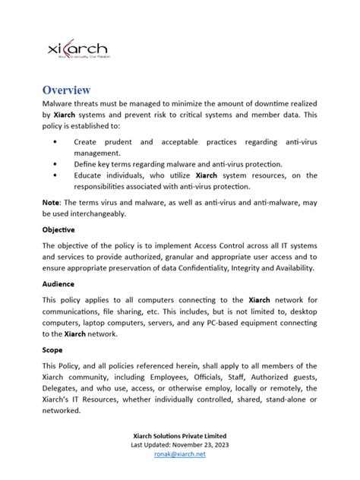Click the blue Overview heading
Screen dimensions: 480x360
66,90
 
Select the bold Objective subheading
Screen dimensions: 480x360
58,229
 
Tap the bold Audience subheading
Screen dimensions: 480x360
58,283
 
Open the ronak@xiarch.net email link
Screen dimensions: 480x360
179,453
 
